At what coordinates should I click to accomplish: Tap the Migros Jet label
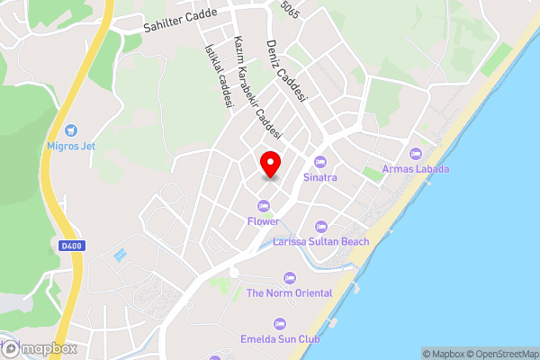point(72,146)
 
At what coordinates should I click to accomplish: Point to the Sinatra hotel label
point(319,177)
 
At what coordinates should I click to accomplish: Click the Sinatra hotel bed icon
point(319,162)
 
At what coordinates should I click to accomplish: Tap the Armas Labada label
point(415,168)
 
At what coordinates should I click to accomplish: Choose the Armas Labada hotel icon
point(415,153)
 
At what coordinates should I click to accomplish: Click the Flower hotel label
point(264,220)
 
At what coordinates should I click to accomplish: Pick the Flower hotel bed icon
point(264,205)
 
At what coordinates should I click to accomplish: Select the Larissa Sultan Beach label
point(320,242)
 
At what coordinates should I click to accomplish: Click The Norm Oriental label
point(289,292)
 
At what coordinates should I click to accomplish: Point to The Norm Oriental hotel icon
point(289,277)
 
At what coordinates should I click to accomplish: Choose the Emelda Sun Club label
point(279,339)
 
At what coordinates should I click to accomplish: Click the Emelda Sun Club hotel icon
point(279,324)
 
